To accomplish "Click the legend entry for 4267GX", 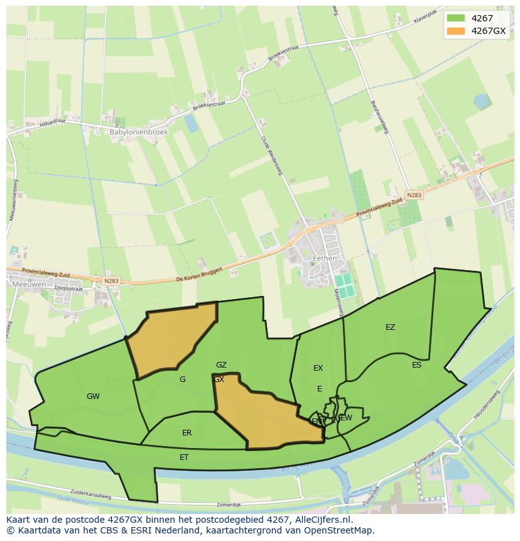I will (488, 31).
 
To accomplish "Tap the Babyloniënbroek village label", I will (138, 133).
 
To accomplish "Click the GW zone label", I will (93, 396).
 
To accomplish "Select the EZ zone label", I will (390, 327).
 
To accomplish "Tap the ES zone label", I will (416, 365).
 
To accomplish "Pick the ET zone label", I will (184, 457).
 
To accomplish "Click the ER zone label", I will (187, 433).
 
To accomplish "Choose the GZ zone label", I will (221, 365).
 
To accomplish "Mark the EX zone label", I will (318, 368).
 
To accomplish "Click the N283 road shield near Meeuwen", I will (111, 280).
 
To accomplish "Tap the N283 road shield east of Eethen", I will (414, 195).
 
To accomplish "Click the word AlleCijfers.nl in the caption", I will (324, 520).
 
